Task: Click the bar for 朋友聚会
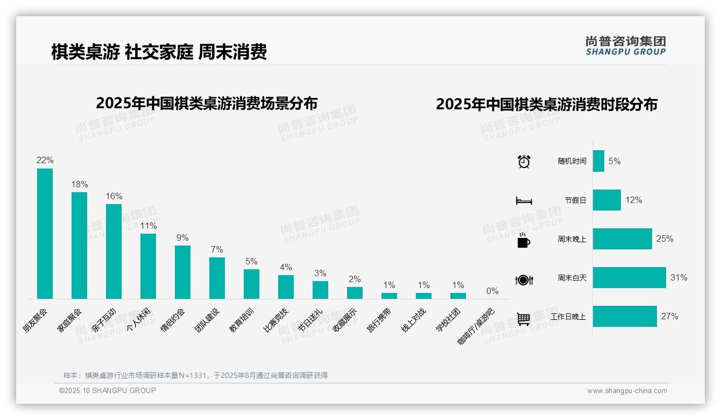(45, 234)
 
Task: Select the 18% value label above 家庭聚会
(80, 184)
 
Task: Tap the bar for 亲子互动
(114, 251)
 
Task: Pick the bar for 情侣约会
(182, 272)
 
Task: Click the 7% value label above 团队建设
(217, 249)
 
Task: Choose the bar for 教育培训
(251, 284)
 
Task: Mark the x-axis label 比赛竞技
(276, 320)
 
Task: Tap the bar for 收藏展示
(355, 293)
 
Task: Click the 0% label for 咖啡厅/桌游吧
(492, 291)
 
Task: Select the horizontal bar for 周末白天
(629, 278)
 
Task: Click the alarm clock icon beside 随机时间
(524, 161)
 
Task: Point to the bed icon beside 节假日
(524, 200)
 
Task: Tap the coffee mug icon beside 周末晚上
(524, 240)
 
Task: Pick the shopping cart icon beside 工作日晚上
(524, 319)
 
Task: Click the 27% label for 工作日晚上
(670, 317)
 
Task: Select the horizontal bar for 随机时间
(598, 161)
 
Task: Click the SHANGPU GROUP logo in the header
(626, 46)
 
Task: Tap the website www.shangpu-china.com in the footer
(627, 391)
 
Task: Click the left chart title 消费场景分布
(207, 103)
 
